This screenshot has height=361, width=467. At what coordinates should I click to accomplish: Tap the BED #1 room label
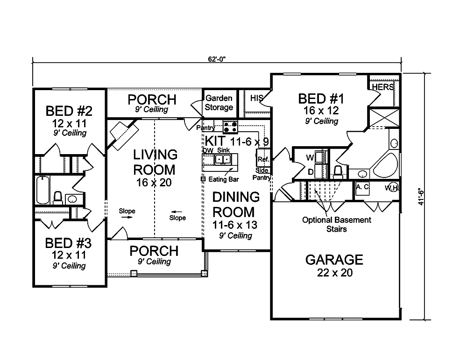(321, 99)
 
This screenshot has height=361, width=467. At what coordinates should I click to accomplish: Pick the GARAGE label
(334, 260)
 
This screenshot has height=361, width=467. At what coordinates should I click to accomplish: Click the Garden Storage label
(219, 103)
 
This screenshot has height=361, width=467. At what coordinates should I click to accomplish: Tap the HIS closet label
(256, 98)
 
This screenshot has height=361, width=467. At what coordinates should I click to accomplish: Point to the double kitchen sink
(221, 160)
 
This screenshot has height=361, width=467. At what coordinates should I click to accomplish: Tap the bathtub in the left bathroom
(42, 190)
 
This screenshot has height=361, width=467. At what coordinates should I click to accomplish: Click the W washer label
(309, 158)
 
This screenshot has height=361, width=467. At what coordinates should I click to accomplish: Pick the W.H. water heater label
(391, 188)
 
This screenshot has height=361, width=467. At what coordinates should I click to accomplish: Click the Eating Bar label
(220, 179)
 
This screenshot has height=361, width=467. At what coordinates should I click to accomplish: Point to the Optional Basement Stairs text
(337, 224)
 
